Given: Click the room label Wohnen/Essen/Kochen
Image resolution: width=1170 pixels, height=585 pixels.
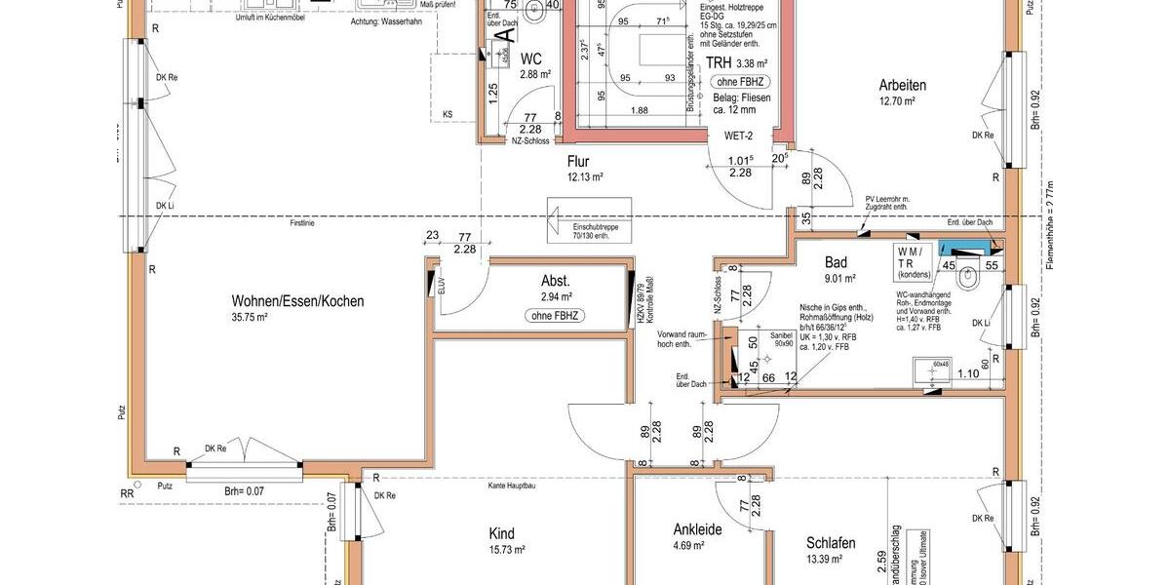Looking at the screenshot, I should click(297, 301).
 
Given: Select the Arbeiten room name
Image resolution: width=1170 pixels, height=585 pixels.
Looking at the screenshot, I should click(902, 85).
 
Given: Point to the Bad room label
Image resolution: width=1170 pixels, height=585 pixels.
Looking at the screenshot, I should click(836, 262).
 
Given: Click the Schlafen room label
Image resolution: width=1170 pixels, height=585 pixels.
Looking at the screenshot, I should click(831, 543).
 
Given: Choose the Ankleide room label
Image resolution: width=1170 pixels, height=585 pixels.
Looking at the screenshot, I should click(697, 529).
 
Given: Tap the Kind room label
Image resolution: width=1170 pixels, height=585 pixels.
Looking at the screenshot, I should click(501, 533).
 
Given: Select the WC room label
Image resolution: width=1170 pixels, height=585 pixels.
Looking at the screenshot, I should click(530, 58).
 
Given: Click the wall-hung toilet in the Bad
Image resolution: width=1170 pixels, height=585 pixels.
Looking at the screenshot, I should click(967, 278).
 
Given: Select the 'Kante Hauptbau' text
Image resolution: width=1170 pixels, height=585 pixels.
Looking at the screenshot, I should click(514, 485).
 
